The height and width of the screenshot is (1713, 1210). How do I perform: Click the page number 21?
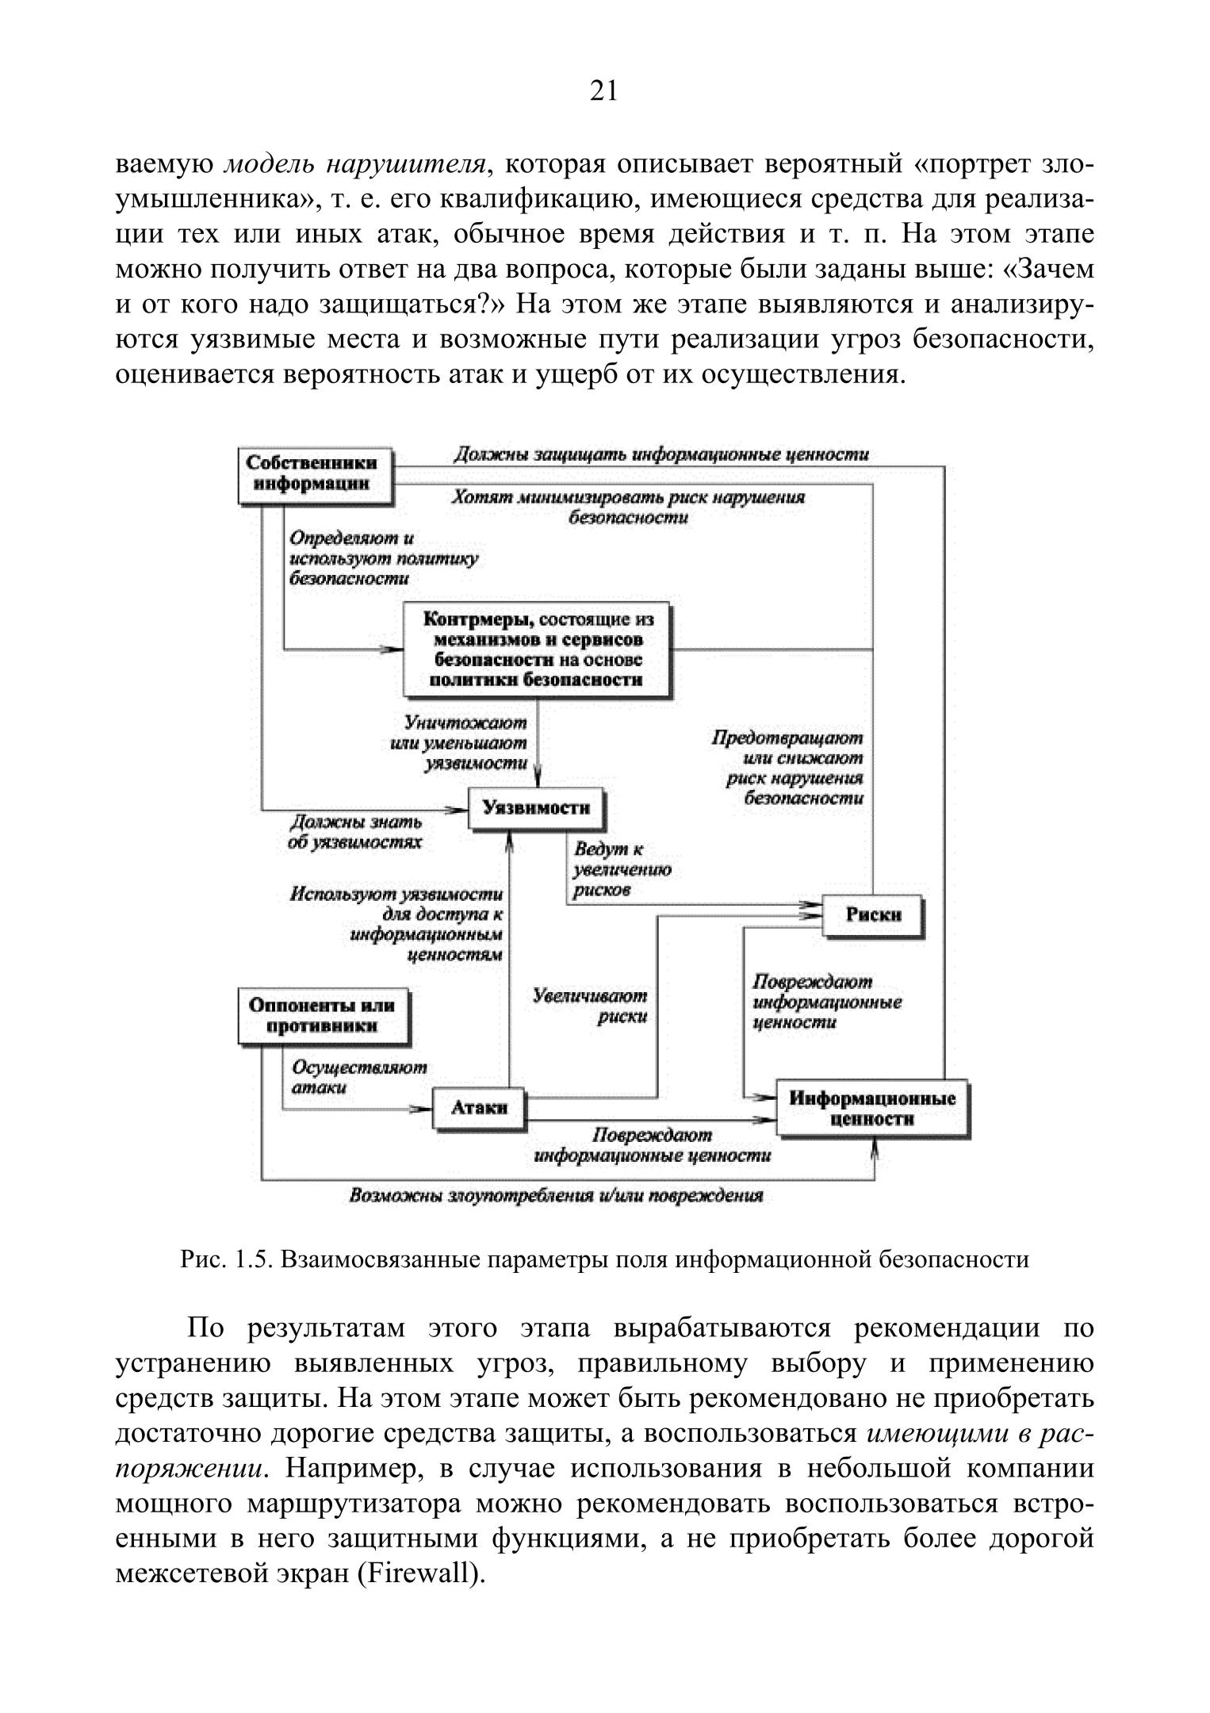point(604,92)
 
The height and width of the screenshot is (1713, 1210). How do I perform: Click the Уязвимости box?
point(536,808)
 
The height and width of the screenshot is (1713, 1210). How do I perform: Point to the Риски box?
point(873,914)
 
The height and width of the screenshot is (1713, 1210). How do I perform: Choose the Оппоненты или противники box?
point(321,1016)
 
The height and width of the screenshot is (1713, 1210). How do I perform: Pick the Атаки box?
point(479,1107)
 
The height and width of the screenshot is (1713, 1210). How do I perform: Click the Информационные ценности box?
point(872,1109)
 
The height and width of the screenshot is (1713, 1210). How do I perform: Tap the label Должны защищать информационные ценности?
point(661,455)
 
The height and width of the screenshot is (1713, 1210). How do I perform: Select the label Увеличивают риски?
point(591,1006)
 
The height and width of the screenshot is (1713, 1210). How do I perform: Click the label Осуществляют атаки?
point(358,1077)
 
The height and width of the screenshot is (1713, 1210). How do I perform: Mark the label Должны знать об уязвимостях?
point(354,832)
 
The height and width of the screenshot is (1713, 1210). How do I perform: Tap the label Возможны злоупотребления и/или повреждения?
point(556,1196)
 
